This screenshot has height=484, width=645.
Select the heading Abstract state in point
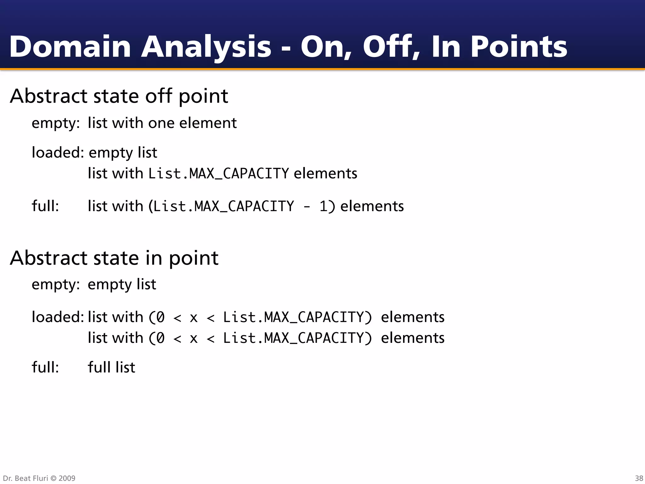pos(114,258)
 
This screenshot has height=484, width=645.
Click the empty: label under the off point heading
pos(56,123)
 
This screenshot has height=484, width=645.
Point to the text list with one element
pos(162,123)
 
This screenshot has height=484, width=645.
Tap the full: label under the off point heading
pos(45,206)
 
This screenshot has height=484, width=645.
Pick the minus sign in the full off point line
pos(306,207)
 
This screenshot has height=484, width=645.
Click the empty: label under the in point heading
pos(56,285)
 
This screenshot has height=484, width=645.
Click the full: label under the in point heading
pos(45,367)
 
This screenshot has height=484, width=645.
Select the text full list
pos(111,367)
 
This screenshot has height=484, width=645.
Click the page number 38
pos(639,478)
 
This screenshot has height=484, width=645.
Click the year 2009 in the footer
pos(67,478)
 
